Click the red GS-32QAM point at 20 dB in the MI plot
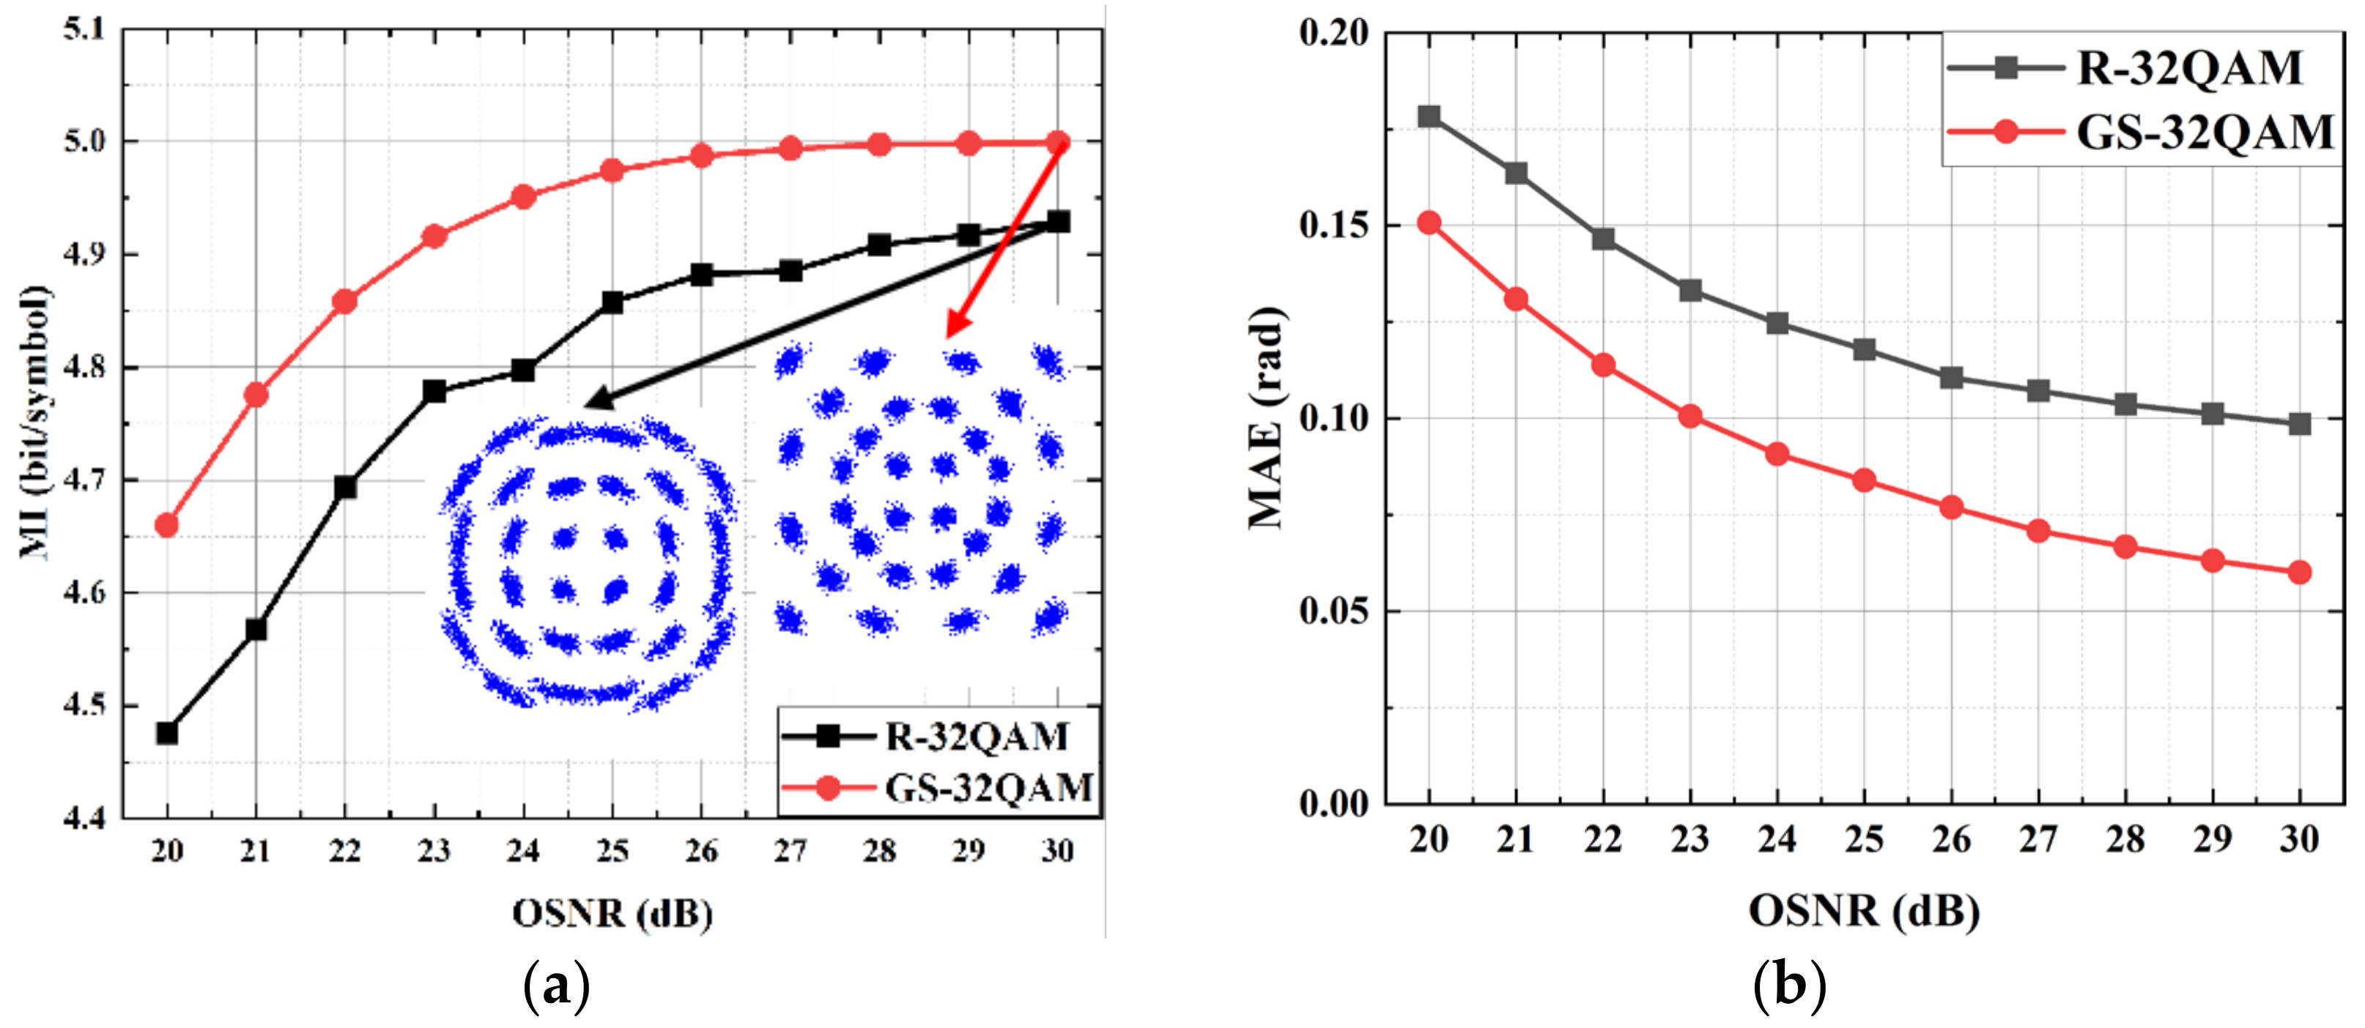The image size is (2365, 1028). click(166, 525)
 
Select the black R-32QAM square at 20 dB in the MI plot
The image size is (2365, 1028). click(166, 734)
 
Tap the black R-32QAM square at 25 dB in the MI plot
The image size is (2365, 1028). click(612, 302)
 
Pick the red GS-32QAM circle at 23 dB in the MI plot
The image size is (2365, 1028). click(434, 236)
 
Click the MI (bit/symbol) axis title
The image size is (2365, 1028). click(35, 422)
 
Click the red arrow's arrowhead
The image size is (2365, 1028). click(951, 332)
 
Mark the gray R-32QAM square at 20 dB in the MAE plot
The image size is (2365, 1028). click(1429, 116)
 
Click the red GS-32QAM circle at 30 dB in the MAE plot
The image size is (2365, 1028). click(2299, 572)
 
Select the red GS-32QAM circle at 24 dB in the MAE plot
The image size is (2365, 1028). click(1777, 453)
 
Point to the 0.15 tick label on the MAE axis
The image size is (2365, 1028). click(1333, 225)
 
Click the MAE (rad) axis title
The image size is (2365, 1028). click(1267, 417)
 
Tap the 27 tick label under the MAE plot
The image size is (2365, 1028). click(2038, 839)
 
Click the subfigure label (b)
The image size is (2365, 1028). click(1788, 987)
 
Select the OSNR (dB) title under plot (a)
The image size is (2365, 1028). click(612, 913)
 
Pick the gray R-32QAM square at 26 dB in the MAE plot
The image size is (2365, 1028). click(1951, 377)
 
